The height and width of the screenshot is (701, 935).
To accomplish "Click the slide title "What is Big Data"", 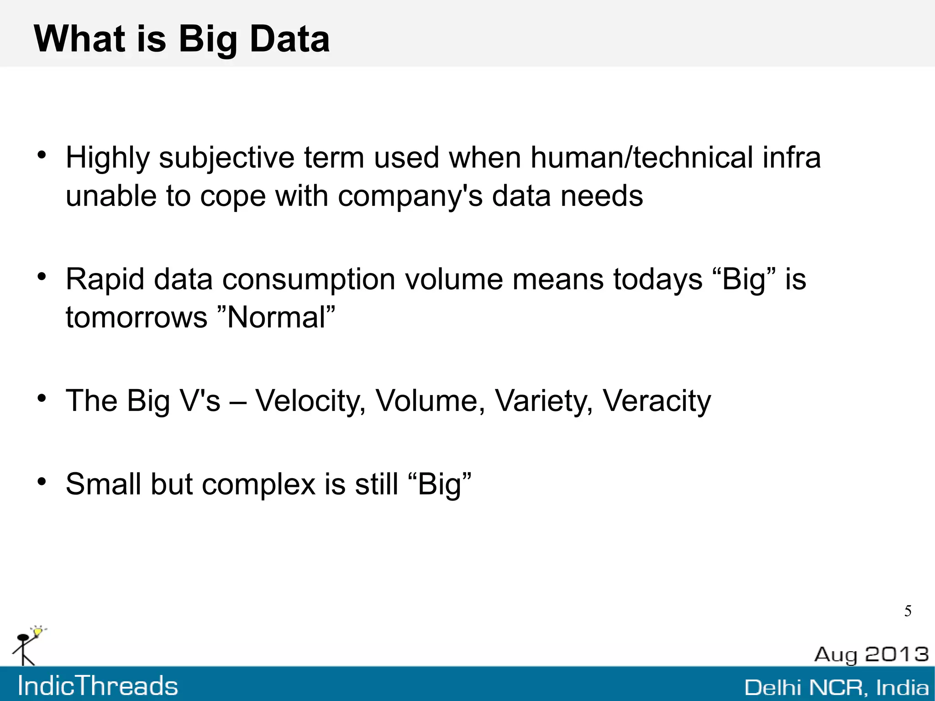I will coord(182,39).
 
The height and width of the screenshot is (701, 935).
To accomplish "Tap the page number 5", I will coord(908,611).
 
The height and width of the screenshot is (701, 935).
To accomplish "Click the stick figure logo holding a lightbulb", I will coord(27,646).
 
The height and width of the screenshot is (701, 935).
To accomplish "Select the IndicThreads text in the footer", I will coord(98,686).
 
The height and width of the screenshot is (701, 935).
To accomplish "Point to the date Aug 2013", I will coord(871,654).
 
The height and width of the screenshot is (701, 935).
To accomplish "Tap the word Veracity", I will coord(657,401).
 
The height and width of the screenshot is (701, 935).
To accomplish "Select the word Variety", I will coord(544,401).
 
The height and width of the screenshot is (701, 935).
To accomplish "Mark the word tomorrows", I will coord(137,317).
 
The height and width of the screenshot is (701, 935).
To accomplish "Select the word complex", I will coord(259,484).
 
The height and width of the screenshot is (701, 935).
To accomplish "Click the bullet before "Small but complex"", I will coord(42,481).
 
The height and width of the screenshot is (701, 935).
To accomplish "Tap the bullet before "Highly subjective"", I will coord(42,155).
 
